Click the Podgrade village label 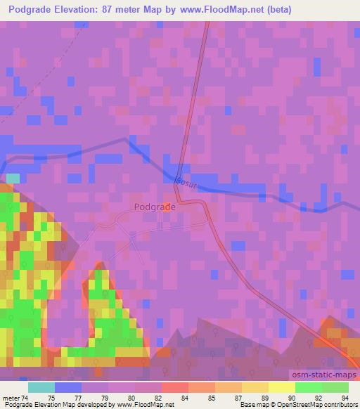tap(154, 207)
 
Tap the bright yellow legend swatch tap(281, 387)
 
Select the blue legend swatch tap(67, 387)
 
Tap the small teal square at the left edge tap(13, 178)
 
